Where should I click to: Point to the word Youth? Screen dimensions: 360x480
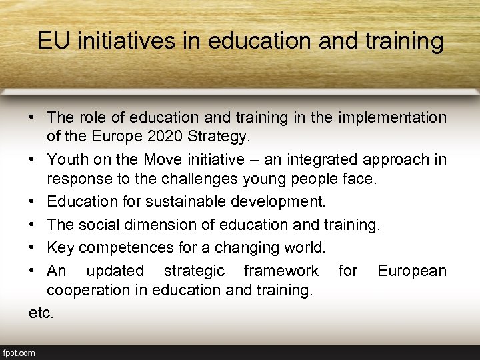[x=67, y=160]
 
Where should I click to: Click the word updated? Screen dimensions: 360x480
[x=115, y=271]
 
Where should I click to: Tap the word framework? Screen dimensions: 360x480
[x=281, y=271]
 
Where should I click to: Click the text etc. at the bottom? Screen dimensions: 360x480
[x=41, y=313]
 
